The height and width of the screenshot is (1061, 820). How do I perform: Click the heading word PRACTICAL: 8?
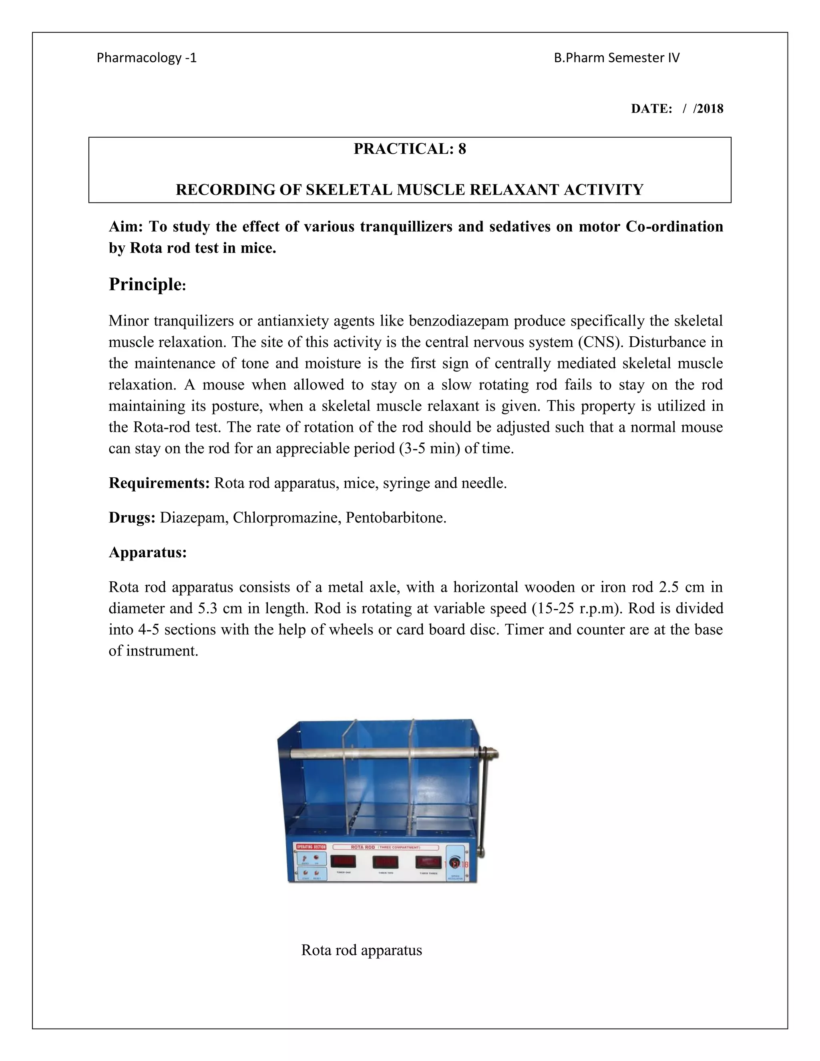[410, 149]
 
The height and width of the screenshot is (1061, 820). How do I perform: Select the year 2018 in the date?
[710, 109]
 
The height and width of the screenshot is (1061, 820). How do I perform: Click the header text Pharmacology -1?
[146, 58]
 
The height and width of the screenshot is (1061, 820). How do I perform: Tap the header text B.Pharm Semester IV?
[617, 58]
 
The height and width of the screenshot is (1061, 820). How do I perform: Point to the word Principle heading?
[145, 284]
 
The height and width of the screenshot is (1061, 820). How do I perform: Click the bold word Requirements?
[159, 483]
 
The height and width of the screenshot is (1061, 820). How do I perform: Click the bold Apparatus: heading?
[148, 553]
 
